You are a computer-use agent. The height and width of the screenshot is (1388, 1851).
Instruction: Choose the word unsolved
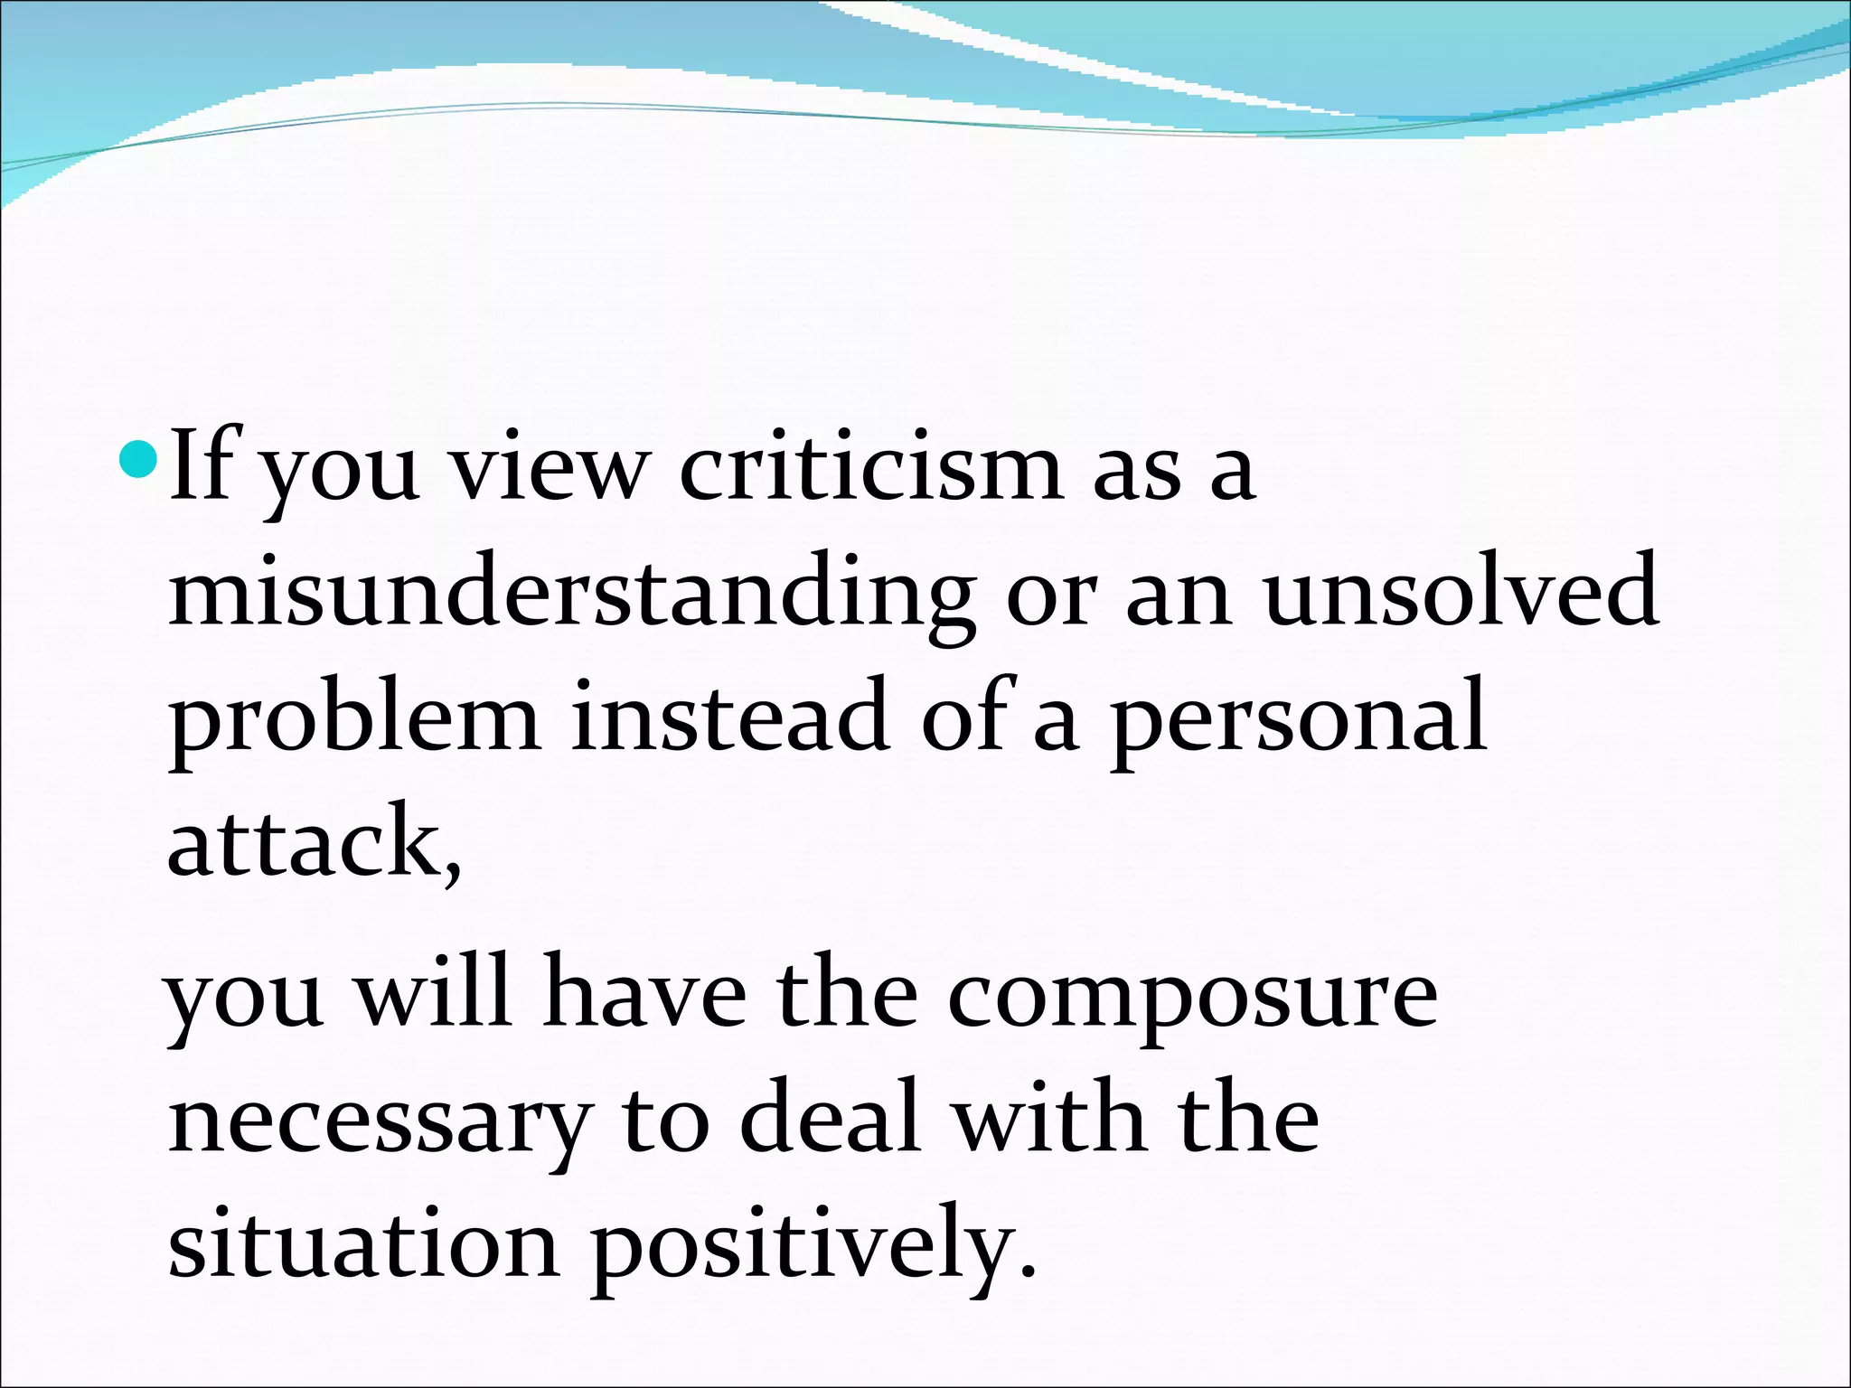tap(1461, 592)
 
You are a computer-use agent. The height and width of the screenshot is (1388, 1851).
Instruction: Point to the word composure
tap(1192, 999)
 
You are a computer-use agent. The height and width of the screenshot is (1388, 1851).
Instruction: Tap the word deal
tap(831, 1118)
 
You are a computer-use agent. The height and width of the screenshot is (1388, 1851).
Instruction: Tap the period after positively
tap(1026, 1274)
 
